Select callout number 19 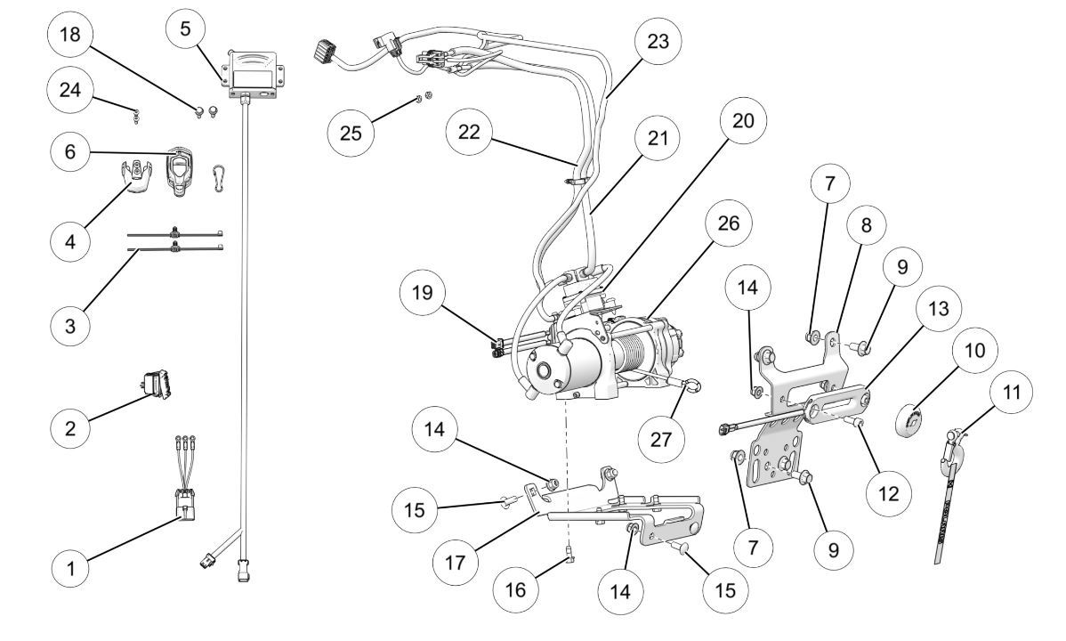(429, 295)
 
